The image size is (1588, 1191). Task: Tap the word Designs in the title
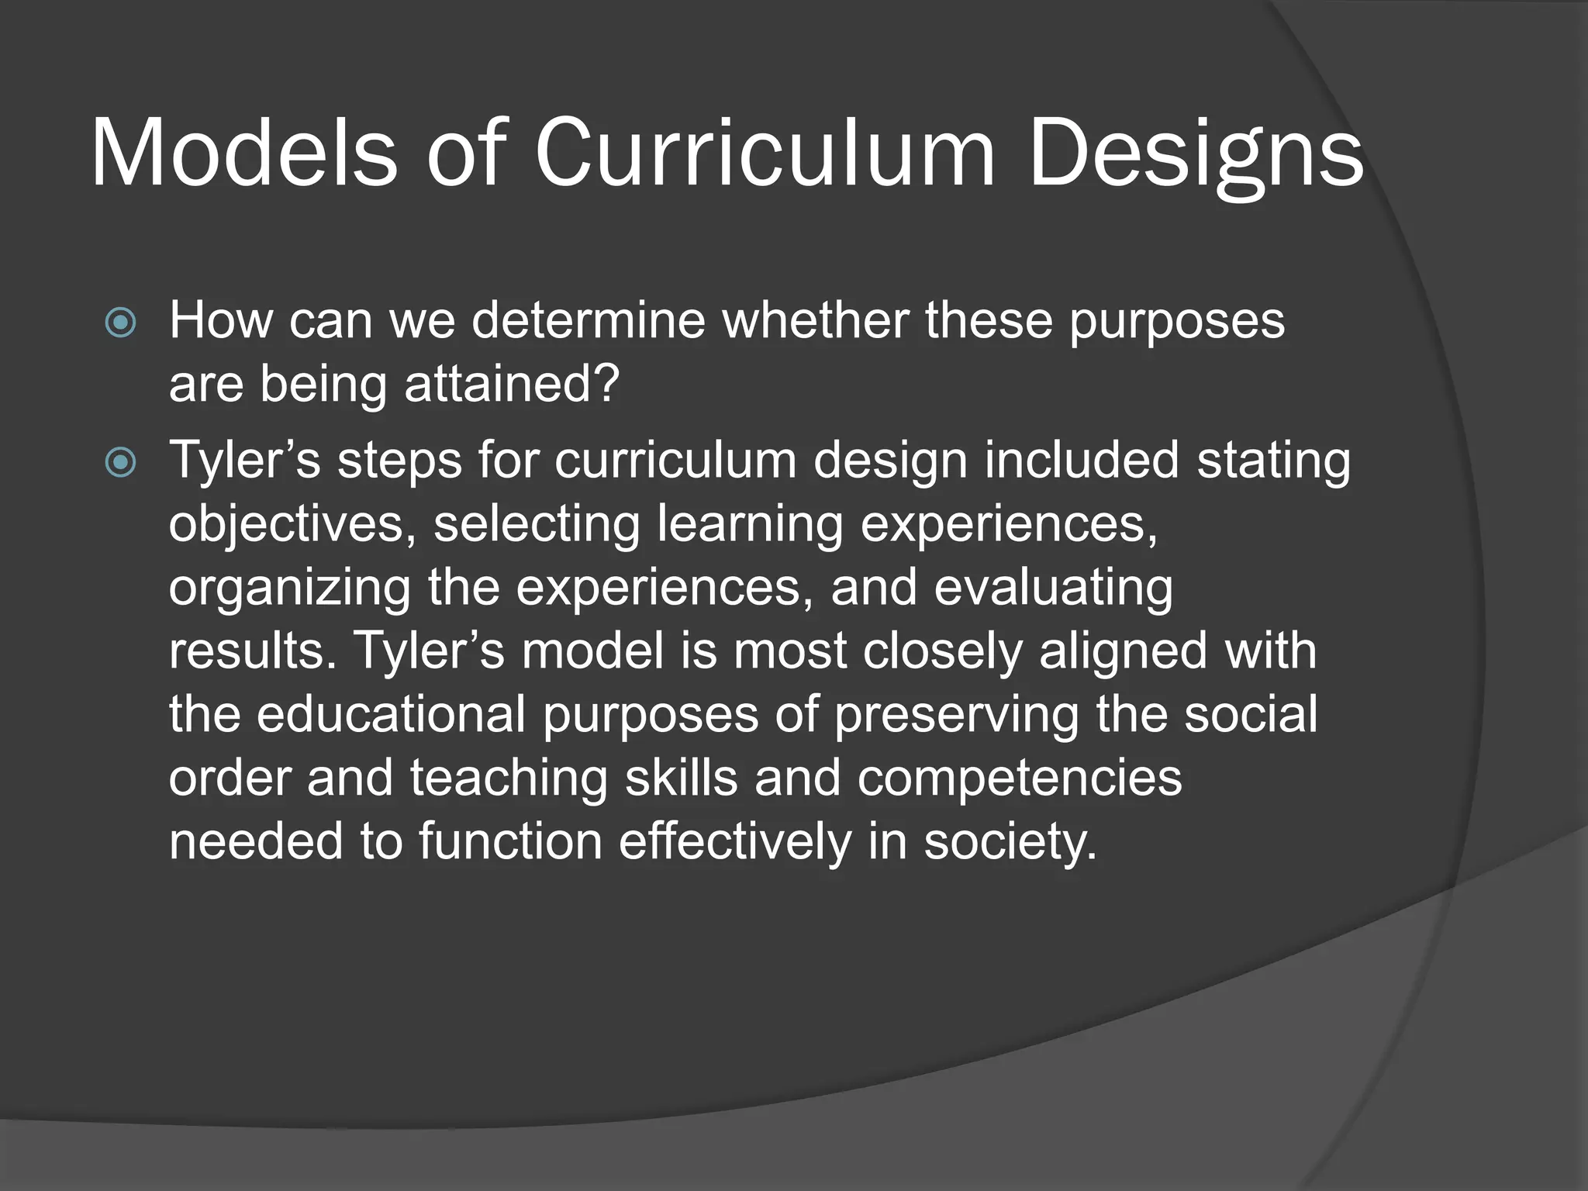point(1195,154)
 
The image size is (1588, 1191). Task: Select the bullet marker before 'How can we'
point(120,322)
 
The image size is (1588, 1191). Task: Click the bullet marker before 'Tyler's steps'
point(120,463)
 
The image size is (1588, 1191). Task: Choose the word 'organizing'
point(290,588)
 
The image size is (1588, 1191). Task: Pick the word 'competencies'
point(1019,778)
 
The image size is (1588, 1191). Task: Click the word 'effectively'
point(734,841)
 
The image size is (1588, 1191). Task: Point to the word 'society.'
point(1010,841)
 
